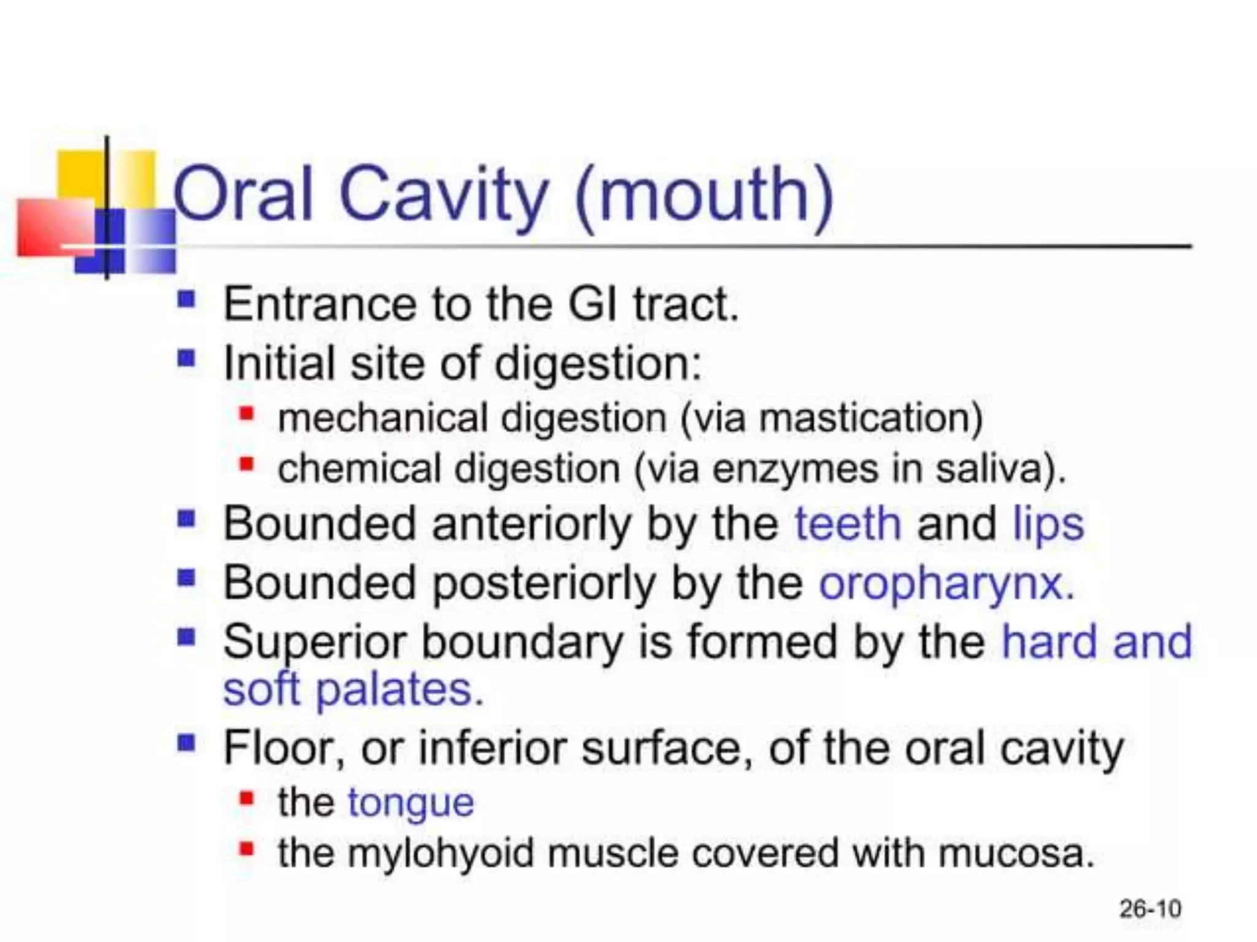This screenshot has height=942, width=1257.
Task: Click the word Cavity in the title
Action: [x=443, y=195]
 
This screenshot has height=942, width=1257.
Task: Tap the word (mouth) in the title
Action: [x=704, y=195]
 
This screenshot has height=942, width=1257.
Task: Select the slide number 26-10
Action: [x=1150, y=909]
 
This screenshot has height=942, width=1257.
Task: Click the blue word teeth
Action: [x=848, y=523]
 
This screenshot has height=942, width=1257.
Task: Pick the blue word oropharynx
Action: [x=946, y=583]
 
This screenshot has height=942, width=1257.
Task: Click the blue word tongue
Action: [x=411, y=802]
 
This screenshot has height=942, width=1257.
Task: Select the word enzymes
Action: [x=795, y=469]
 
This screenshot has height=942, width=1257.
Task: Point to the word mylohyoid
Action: [x=440, y=853]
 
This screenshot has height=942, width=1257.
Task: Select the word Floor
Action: [x=283, y=747]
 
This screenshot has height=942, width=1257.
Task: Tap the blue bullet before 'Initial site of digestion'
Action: [x=186, y=358]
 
